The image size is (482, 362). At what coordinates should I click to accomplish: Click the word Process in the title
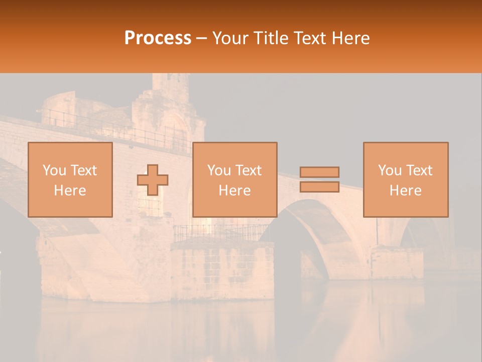158,38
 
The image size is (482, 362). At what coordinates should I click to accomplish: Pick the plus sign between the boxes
153,180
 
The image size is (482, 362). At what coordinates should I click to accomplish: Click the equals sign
319,179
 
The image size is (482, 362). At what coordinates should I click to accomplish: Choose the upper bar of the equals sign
319,172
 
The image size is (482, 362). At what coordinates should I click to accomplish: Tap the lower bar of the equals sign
319,187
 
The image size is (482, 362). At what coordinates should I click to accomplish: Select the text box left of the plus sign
70,179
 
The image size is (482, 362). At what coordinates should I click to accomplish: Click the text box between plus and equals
234,179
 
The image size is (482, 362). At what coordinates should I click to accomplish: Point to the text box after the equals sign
405,179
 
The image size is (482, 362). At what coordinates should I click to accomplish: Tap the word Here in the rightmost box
405,190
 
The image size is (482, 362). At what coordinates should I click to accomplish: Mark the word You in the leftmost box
54,170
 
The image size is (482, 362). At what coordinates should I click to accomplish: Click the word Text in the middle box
248,170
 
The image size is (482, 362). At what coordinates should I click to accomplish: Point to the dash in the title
202,38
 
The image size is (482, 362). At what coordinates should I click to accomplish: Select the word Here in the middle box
234,190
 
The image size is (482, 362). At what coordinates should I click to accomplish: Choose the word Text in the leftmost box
83,170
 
